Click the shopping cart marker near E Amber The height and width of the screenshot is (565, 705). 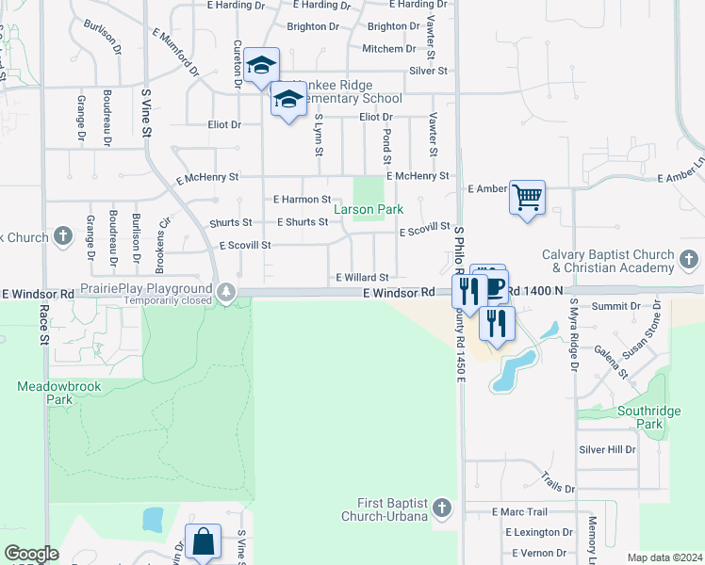(528, 198)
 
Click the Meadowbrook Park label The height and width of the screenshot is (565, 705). (45, 393)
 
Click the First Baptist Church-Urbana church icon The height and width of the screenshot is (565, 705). (443, 509)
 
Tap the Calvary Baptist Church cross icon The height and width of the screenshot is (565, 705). (689, 259)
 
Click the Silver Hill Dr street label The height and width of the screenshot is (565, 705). (607, 450)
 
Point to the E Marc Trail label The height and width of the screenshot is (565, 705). (519, 512)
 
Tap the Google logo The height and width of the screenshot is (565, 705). (31, 554)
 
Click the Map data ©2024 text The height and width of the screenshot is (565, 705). (664, 557)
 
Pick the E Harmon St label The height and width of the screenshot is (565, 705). (302, 200)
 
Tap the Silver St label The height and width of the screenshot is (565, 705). (428, 71)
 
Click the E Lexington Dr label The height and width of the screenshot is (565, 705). (533, 532)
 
